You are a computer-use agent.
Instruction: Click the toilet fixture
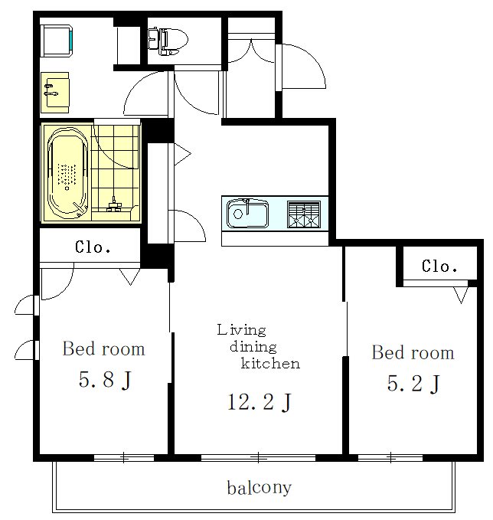tap(168, 41)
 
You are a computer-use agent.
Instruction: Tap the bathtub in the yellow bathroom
tap(67, 173)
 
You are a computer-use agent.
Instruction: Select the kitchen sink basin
tap(247, 213)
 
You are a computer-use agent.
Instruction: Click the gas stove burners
tap(304, 214)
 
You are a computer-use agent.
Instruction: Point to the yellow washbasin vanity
tap(55, 93)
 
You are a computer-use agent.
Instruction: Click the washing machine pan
tap(57, 40)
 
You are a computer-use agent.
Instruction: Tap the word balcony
tap(260, 488)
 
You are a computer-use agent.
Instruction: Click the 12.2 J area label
tap(259, 401)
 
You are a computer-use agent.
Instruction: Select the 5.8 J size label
tap(105, 379)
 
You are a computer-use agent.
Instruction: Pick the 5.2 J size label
tap(413, 383)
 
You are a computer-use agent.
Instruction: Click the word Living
tap(241, 330)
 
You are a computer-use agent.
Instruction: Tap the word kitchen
tap(270, 363)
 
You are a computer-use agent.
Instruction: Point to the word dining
tap(253, 347)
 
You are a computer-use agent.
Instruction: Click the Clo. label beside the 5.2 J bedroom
tap(439, 266)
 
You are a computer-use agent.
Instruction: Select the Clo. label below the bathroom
tap(93, 247)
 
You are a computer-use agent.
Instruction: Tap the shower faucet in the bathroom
tap(114, 204)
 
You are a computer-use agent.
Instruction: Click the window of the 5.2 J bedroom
tap(390, 458)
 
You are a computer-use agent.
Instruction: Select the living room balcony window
tap(258, 458)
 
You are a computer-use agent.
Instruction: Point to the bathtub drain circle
tap(67, 188)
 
